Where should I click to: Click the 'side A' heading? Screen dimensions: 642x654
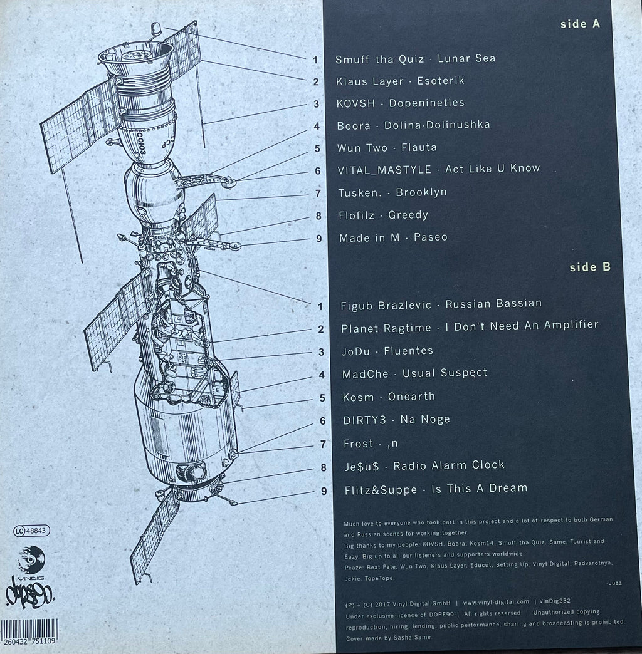(580, 24)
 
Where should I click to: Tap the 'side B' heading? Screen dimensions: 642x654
(590, 267)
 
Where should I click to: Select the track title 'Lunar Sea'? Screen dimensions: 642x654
(466, 58)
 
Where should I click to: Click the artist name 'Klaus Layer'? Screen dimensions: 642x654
(369, 81)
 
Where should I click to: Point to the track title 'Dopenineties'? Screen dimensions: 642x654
(426, 103)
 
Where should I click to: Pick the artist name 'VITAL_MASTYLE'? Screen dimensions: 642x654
(384, 169)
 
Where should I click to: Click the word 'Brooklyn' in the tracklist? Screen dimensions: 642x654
(421, 192)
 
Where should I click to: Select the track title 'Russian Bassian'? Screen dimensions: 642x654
(493, 304)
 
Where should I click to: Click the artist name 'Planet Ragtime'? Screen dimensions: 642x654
(386, 328)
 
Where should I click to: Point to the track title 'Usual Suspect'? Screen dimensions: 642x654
(445, 373)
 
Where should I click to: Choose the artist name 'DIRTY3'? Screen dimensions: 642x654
(364, 420)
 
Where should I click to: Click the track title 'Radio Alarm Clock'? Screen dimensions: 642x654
(449, 465)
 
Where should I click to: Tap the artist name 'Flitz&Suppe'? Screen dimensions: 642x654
(381, 490)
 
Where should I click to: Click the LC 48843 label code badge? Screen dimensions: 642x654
(32, 531)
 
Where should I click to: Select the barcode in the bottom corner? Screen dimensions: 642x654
(29, 632)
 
